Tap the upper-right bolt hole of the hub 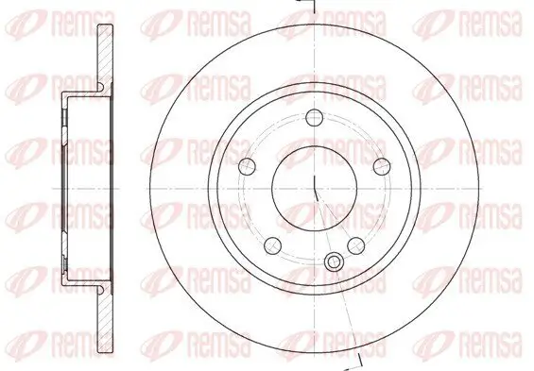pos(381,166)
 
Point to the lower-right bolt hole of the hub pos(356,245)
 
